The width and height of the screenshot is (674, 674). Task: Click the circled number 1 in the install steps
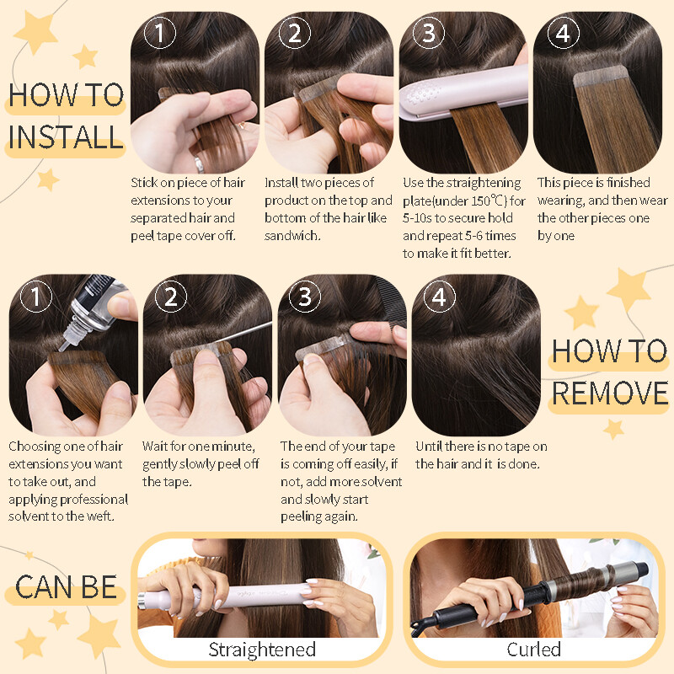(159, 33)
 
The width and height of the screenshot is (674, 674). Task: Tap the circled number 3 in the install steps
(429, 33)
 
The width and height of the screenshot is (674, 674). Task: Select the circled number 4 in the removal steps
(439, 297)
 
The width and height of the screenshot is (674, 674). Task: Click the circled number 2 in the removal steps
(171, 297)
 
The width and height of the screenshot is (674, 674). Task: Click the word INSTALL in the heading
(66, 137)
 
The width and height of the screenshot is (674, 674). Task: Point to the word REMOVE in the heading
(609, 393)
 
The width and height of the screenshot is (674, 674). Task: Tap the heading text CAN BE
(66, 587)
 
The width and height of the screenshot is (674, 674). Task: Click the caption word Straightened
(262, 650)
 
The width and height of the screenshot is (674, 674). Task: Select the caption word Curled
(533, 649)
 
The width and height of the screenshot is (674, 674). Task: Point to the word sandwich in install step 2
(292, 236)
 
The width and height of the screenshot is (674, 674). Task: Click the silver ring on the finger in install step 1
(199, 164)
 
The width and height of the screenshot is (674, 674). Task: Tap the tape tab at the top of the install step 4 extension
(601, 78)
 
